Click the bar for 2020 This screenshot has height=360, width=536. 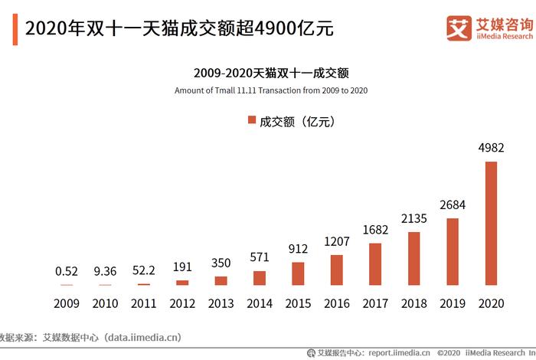(x=491, y=223)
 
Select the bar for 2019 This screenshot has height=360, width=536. (x=453, y=252)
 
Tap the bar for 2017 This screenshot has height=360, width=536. (x=375, y=264)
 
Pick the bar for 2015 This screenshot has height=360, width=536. (x=298, y=273)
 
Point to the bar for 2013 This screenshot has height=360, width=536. (x=221, y=280)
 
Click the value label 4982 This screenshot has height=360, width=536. (x=491, y=147)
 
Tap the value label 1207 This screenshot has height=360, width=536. (x=336, y=241)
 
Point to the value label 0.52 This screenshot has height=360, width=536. (x=67, y=271)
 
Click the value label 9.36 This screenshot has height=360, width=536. (x=105, y=271)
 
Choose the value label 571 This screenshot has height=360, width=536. (x=259, y=257)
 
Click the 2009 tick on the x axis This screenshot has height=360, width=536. (x=67, y=303)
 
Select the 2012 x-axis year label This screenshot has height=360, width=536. (x=182, y=303)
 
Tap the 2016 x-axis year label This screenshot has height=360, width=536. (x=336, y=303)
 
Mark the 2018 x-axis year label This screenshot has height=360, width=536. (x=414, y=303)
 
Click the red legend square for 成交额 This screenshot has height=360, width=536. (x=251, y=121)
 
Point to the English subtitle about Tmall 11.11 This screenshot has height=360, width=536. (x=271, y=90)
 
